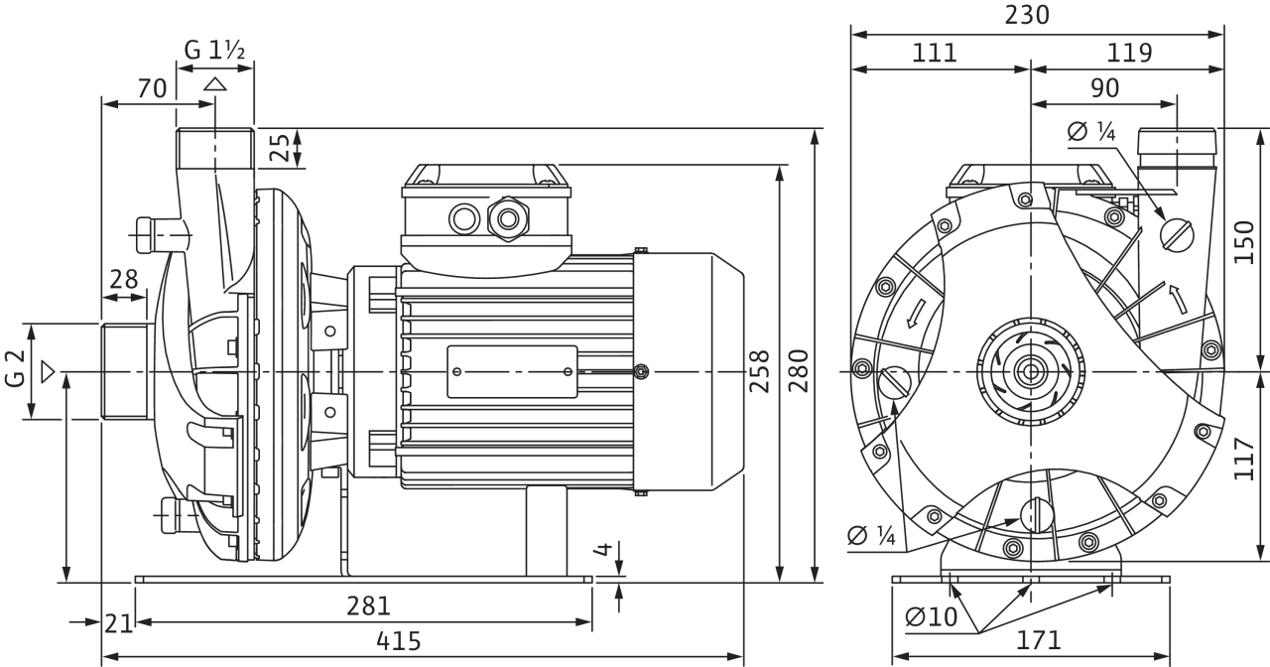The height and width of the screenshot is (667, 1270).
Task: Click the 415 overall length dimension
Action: (x=399, y=641)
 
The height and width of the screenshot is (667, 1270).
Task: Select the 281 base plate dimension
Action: (x=368, y=605)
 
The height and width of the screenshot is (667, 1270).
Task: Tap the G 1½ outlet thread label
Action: (x=214, y=50)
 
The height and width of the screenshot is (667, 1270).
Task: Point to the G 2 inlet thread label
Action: (x=15, y=368)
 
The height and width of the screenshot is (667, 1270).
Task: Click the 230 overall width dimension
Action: (x=1027, y=15)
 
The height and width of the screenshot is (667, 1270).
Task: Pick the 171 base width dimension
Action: (x=1038, y=640)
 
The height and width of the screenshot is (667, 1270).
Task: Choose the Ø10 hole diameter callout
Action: (x=931, y=616)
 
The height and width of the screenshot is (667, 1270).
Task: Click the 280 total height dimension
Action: (x=799, y=371)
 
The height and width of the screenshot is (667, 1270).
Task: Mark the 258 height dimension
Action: (x=759, y=371)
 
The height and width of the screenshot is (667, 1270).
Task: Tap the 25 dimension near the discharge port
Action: (x=280, y=148)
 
